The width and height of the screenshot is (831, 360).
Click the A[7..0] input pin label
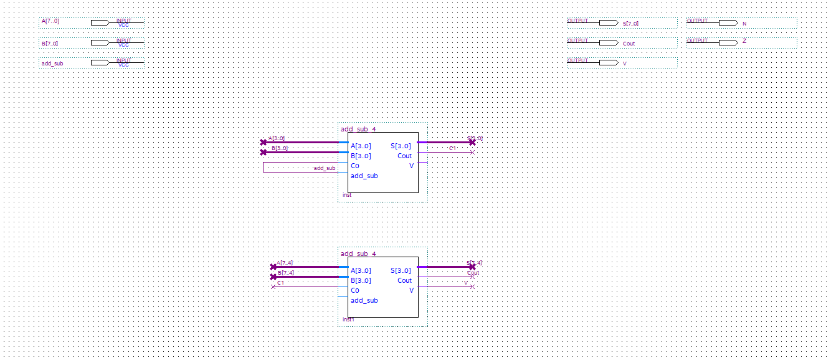point(50,21)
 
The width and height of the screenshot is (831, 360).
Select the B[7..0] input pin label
point(50,44)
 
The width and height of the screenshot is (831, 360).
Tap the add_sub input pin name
point(52,64)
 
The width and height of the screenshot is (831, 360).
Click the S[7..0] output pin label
point(630,24)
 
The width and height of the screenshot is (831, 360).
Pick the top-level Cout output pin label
point(629,44)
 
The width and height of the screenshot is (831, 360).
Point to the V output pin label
point(625,64)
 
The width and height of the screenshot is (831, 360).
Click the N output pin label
point(744,24)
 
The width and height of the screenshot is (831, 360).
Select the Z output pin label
point(744,41)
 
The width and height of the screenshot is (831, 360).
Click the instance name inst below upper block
point(347,195)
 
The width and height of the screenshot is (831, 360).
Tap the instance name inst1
point(348,320)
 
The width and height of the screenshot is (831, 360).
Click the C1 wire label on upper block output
point(453,149)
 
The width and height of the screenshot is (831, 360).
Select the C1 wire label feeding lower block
point(281,283)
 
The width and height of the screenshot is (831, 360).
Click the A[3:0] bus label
point(276,139)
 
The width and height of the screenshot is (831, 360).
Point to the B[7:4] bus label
point(285,273)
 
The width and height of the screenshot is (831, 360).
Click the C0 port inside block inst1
point(354,290)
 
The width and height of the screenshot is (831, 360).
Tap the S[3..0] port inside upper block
point(401,146)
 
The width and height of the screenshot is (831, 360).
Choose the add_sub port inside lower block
point(364,300)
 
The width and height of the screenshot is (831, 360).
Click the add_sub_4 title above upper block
point(358,129)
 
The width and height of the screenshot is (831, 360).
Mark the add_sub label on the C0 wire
point(324,168)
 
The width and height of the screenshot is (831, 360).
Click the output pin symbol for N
point(728,23)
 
